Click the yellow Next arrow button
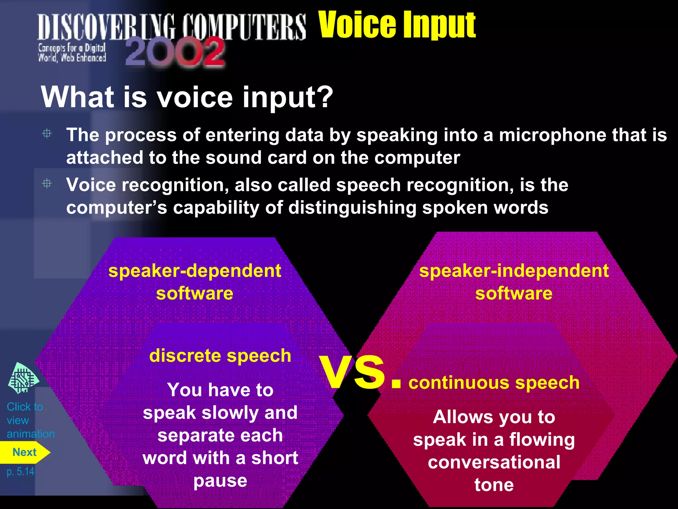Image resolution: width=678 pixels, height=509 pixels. tap(24, 452)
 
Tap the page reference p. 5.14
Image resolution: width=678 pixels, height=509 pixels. tap(21, 471)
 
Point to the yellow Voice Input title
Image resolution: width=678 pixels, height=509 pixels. tap(397, 25)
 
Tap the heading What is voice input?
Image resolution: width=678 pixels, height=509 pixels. tap(187, 97)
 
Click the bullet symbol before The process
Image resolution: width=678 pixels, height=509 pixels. tap(47, 134)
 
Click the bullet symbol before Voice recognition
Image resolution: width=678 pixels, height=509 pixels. tap(47, 184)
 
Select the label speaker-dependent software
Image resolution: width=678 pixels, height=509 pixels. tap(195, 282)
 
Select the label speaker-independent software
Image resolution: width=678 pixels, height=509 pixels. tap(513, 282)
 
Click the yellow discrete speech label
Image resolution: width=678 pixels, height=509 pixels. tap(220, 356)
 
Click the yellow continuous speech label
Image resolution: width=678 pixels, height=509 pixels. tap(494, 383)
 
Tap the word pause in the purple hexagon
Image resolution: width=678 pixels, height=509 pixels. tap(220, 481)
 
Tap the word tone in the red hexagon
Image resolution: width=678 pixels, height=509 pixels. tap(494, 485)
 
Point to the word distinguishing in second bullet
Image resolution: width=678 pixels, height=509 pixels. tap(352, 208)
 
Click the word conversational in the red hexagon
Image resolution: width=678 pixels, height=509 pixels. tap(494, 462)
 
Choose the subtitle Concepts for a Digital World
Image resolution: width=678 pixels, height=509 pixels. tap(72, 53)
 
